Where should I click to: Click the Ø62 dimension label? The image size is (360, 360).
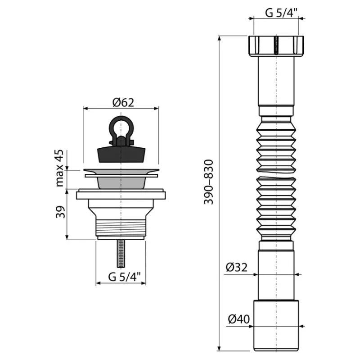123,103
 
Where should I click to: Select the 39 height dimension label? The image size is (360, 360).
60,212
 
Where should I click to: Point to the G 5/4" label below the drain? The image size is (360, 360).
124,277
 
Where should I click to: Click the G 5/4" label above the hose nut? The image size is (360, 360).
282,13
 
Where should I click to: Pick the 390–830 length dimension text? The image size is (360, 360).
209,182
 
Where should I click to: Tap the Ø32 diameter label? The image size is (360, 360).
237,267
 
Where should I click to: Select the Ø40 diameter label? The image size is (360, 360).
239,319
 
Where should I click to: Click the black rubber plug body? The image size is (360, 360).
121,155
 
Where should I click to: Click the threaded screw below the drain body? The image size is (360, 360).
121,254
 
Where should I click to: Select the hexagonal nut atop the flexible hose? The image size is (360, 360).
276,46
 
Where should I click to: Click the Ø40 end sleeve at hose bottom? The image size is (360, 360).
276,325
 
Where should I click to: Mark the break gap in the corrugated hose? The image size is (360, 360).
276,174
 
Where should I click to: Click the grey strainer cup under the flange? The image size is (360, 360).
121,183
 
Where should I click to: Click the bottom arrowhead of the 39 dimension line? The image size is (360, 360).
67,237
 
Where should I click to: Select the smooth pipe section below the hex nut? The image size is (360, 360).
276,81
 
